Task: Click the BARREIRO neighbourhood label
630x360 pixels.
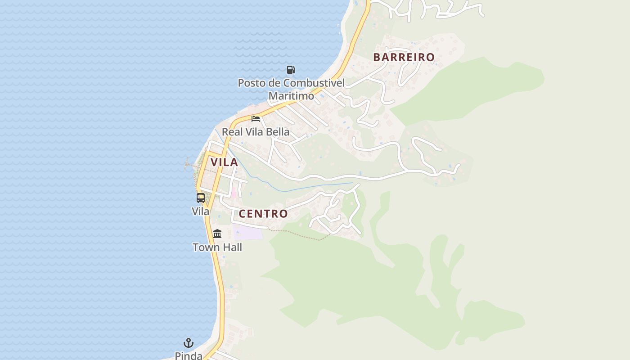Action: coord(404,57)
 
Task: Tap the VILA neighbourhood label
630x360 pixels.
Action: coord(224,162)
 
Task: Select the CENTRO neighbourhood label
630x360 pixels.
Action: coord(263,214)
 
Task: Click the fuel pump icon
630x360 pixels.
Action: coord(291,69)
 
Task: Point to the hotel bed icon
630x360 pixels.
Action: coord(256,119)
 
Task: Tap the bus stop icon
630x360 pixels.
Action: coord(201,198)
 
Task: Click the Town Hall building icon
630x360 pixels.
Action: coord(217,234)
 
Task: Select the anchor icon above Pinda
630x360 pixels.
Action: coord(189,343)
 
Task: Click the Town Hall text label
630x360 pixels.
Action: coord(217,247)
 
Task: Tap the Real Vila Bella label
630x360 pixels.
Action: coord(256,132)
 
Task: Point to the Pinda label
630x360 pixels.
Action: coord(189,355)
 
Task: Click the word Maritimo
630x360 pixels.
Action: coord(291,96)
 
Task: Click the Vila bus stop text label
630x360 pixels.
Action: coord(201,211)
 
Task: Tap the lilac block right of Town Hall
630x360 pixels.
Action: coord(248,233)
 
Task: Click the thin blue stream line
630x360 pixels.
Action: coord(315,185)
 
